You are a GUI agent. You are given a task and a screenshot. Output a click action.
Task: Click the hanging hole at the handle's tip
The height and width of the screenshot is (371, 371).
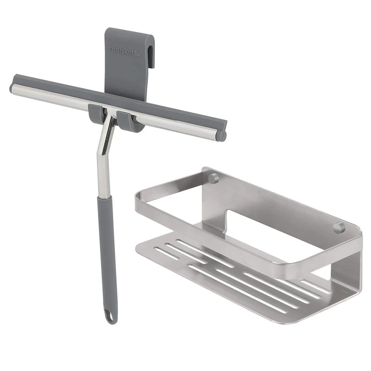coord(109,318)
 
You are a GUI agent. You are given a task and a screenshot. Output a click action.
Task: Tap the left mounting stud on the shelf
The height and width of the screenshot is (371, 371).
coord(213,178)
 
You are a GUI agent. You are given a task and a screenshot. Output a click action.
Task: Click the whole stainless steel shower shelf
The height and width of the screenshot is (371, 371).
coord(250,246)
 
